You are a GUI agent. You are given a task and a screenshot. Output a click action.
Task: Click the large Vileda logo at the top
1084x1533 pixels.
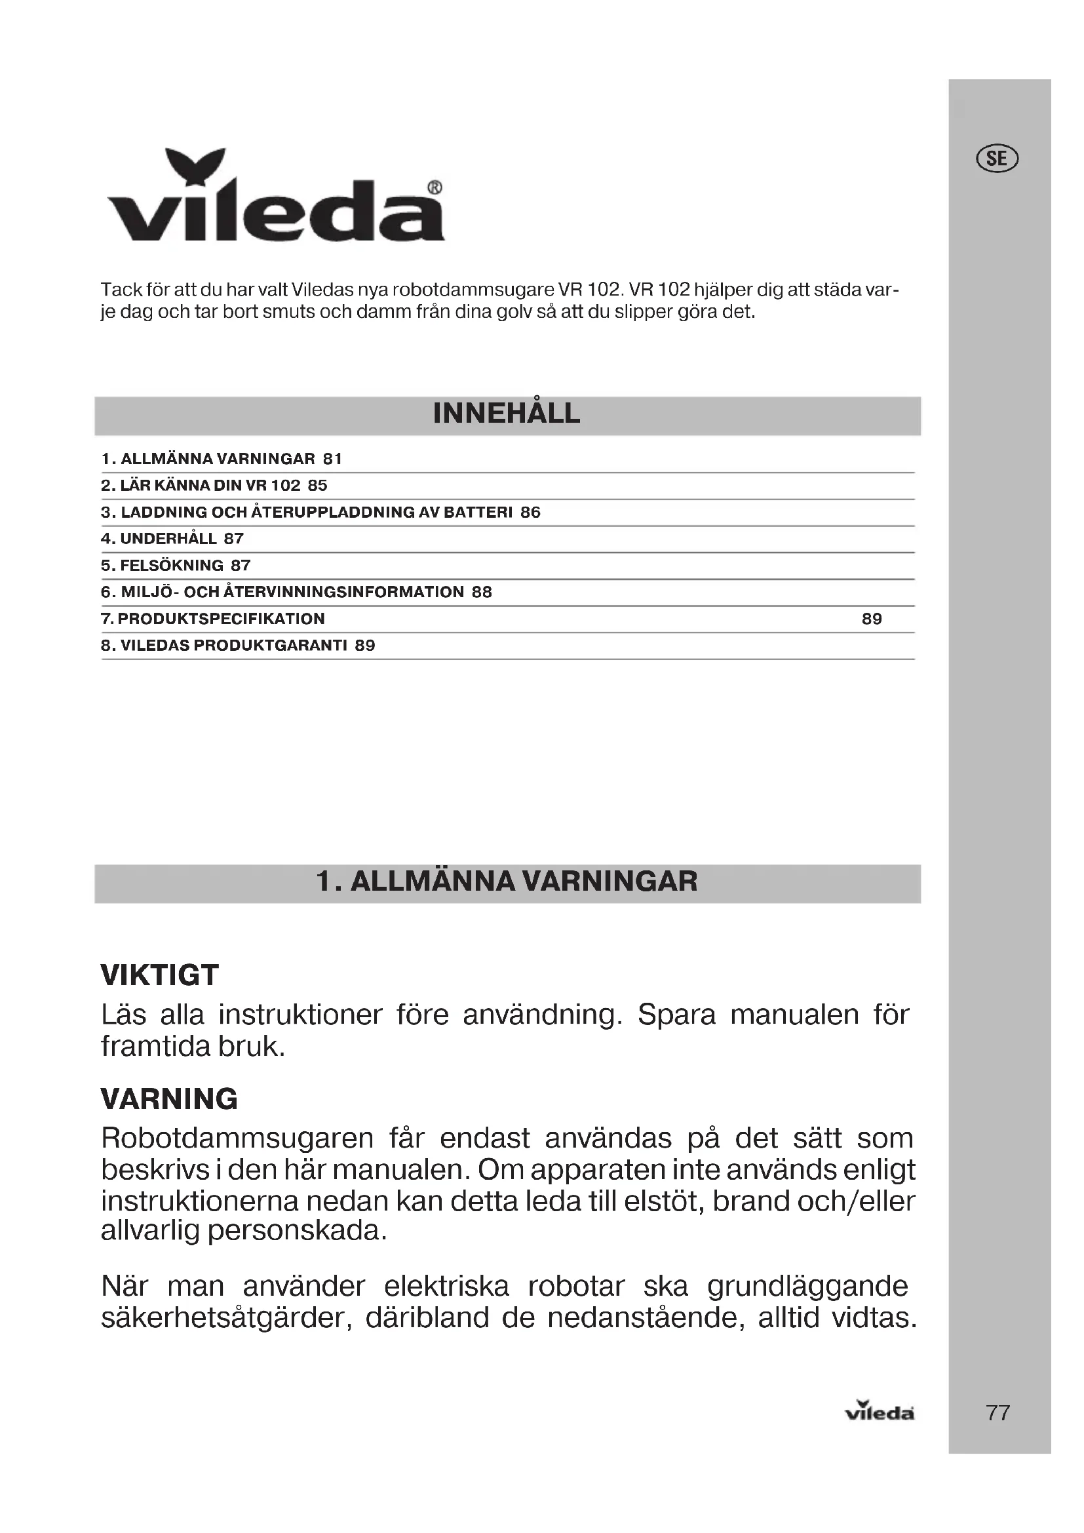tap(275, 197)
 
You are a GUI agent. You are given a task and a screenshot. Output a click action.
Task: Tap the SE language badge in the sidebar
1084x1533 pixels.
tap(997, 159)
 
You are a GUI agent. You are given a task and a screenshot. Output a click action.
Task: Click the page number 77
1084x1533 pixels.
tap(997, 1413)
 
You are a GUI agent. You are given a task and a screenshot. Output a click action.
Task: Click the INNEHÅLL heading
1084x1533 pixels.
tap(507, 414)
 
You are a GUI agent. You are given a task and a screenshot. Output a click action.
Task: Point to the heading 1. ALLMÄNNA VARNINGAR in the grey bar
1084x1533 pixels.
tap(507, 882)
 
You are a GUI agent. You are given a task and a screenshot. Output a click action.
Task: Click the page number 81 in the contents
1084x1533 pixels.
tap(332, 459)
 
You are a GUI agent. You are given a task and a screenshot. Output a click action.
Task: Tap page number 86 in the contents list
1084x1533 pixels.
tap(531, 513)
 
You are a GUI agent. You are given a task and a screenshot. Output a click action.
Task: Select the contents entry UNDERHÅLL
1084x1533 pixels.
tap(168, 539)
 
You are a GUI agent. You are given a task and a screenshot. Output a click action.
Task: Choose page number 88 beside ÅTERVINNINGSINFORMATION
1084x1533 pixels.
tap(482, 592)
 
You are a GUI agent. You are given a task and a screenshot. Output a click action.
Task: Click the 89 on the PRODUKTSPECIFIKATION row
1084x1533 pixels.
tap(872, 619)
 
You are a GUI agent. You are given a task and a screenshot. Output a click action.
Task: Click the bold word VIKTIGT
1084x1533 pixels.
tap(159, 975)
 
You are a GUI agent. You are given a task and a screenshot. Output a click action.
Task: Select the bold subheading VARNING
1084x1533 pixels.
tap(170, 1099)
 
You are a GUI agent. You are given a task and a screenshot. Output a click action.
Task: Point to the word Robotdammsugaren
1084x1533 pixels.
tap(237, 1138)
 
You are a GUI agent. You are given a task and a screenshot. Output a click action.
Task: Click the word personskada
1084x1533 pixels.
tap(298, 1229)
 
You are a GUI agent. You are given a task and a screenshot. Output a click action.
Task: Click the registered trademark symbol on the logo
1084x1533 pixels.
tap(434, 188)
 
